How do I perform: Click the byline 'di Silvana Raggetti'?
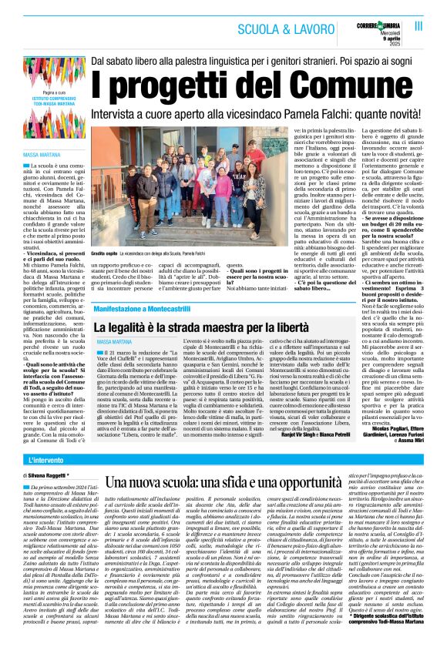[x=48, y=478]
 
